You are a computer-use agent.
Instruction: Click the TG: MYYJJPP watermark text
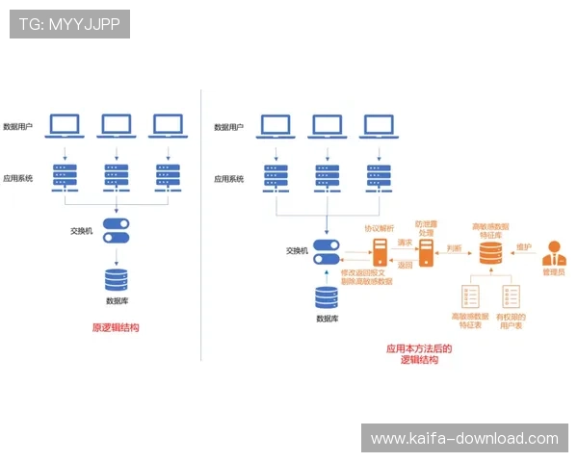coord(68,24)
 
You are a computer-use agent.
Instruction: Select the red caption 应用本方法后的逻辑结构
coord(419,354)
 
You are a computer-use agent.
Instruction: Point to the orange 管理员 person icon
coord(554,255)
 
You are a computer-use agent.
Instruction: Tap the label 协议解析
coord(380,229)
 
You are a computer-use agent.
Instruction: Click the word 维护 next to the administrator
coord(525,246)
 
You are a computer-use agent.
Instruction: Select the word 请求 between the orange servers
coord(405,244)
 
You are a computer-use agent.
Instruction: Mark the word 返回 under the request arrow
coord(405,265)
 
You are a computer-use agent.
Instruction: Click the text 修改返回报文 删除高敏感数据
coord(368,279)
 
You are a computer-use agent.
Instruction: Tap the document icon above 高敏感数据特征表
coord(472,296)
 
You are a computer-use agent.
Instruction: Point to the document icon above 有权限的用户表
coord(511,296)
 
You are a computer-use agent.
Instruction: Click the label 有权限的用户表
coord(511,321)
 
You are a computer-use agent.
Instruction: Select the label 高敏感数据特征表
coord(470,321)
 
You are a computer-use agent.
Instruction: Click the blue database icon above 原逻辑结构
coord(117,280)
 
